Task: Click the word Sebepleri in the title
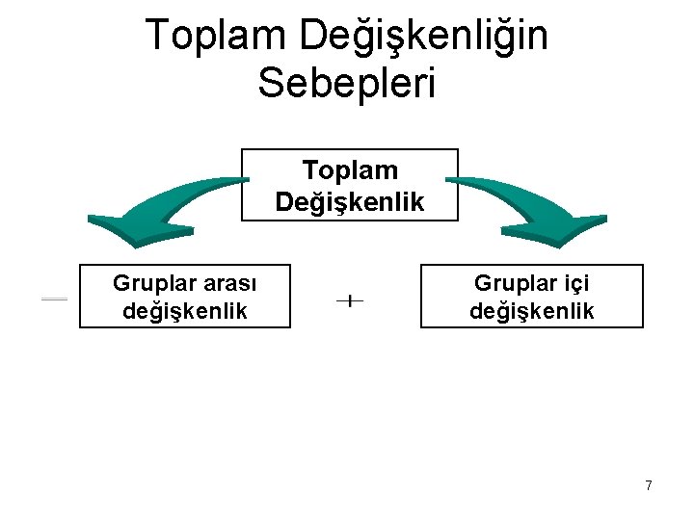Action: click(x=347, y=82)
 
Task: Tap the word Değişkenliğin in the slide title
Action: click(x=423, y=37)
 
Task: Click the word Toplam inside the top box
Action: click(x=349, y=170)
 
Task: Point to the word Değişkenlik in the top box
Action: click(x=349, y=202)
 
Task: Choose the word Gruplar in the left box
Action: click(x=150, y=283)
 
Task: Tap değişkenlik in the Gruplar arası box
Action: click(x=184, y=311)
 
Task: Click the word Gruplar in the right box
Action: click(x=511, y=283)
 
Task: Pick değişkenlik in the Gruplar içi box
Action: click(x=531, y=311)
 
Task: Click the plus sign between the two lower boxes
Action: click(x=349, y=301)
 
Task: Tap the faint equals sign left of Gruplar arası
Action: click(x=54, y=299)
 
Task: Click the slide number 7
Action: click(x=649, y=485)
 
